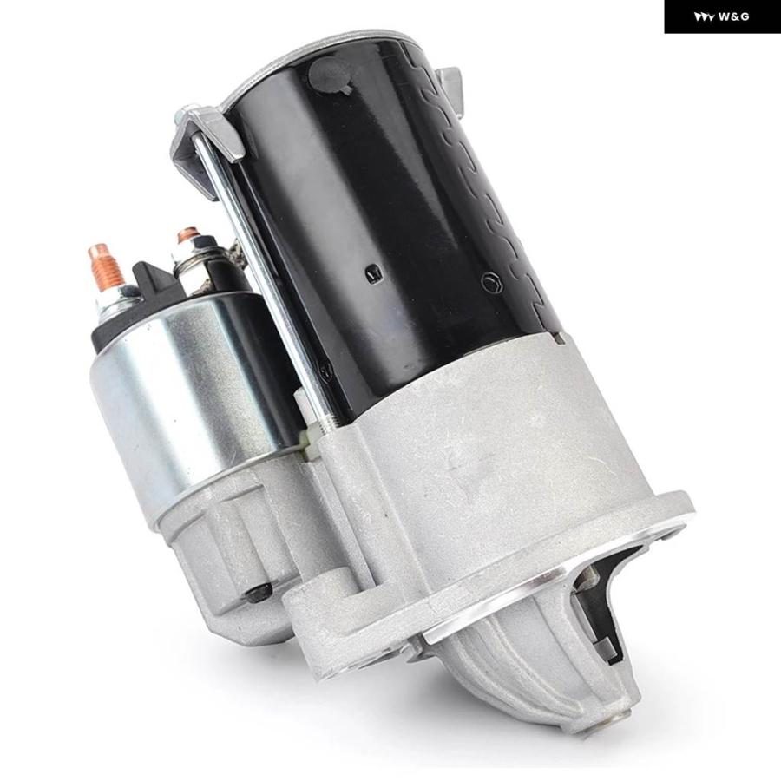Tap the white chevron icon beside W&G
pyautogui.click(x=705, y=17)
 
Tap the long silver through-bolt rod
pyautogui.click(x=259, y=279)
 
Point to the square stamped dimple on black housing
pyautogui.click(x=372, y=272)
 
